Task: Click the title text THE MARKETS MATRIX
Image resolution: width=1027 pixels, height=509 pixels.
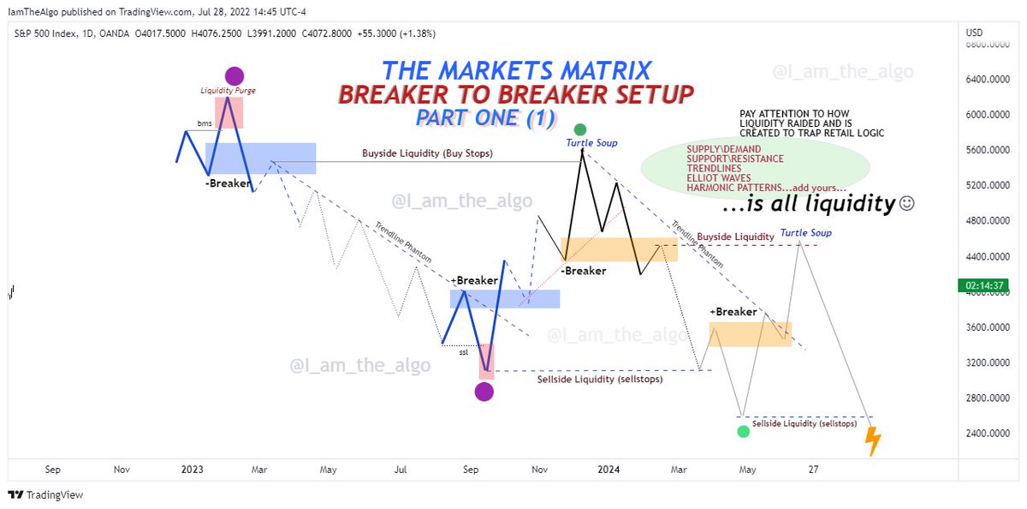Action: (x=516, y=70)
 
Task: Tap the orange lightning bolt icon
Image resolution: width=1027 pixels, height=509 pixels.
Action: (x=872, y=440)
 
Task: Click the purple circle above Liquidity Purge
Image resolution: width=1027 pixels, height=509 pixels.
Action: (x=234, y=76)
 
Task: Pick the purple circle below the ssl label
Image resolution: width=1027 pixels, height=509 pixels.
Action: (x=484, y=392)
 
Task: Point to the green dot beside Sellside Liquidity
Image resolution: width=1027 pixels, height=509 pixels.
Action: (x=742, y=431)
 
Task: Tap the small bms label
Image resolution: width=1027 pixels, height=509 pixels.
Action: (x=204, y=123)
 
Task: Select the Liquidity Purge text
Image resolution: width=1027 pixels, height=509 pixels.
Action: (x=228, y=90)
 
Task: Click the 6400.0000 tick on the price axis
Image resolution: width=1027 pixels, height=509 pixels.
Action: (x=986, y=80)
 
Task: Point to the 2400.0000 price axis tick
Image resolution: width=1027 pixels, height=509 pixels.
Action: (x=986, y=434)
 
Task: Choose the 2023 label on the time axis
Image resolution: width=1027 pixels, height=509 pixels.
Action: (x=192, y=470)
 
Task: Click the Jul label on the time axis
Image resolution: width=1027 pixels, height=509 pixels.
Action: (x=400, y=470)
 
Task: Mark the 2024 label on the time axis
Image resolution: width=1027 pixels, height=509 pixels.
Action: (x=608, y=470)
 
